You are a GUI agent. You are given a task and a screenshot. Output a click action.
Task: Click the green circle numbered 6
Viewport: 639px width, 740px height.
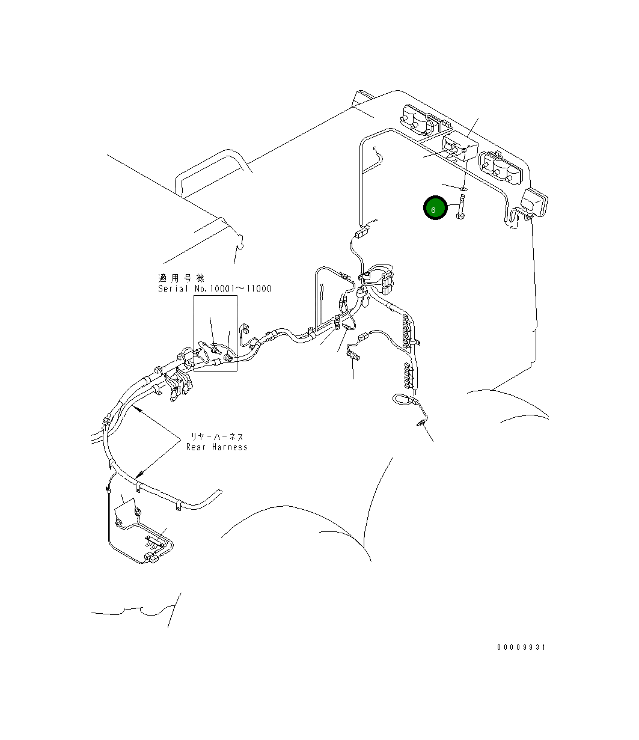coord(435,207)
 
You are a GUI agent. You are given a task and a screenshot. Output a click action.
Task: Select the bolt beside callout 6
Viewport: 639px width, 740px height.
coord(460,206)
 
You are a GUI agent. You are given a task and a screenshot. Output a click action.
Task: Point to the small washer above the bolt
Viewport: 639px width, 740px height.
coord(463,188)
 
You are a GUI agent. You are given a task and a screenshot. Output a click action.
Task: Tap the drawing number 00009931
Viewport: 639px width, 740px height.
coord(521,647)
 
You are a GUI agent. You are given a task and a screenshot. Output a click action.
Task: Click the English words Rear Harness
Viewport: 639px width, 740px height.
coord(216,447)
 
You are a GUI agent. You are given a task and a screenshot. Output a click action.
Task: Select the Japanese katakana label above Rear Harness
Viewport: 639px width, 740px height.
coord(217,437)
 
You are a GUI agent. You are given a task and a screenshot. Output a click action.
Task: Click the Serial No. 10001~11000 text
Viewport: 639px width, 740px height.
coord(215,289)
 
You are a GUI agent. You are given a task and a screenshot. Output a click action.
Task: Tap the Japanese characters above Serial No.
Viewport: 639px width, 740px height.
coord(181,278)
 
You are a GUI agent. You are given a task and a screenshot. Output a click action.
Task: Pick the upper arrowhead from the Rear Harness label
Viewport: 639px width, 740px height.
coord(136,409)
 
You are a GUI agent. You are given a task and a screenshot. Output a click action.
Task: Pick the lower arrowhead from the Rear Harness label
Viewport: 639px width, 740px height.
coord(139,475)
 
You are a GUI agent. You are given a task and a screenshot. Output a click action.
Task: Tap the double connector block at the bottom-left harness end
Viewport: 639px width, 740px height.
coord(151,558)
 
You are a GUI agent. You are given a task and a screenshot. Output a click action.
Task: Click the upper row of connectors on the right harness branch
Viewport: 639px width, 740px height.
coord(406,331)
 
